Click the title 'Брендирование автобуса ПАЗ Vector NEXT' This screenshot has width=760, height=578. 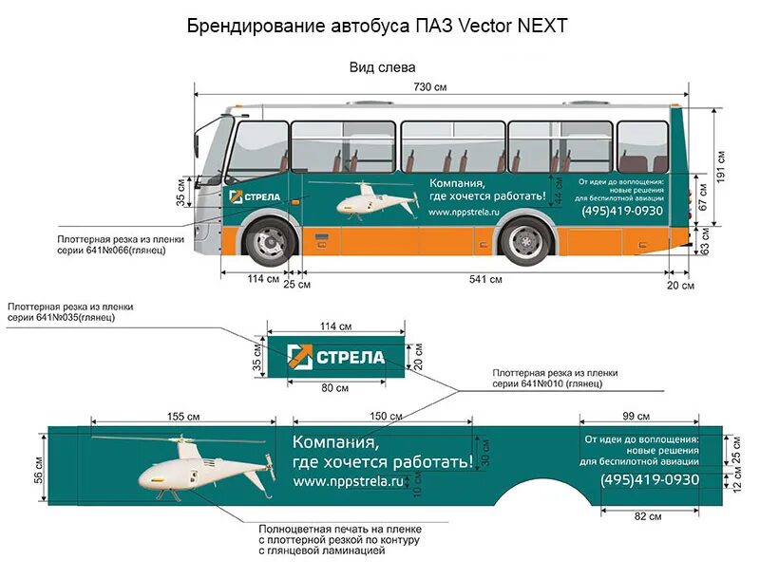tap(377, 26)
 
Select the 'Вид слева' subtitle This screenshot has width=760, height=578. tap(382, 67)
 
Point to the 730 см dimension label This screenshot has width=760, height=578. tap(429, 86)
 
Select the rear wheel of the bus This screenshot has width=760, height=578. tap(525, 240)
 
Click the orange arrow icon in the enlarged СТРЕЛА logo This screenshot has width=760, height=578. tap(299, 357)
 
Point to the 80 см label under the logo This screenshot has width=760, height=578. tap(335, 387)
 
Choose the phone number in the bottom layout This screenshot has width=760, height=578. tap(649, 480)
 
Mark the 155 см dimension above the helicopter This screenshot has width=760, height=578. tap(183, 417)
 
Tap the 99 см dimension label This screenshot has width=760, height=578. tap(636, 417)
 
